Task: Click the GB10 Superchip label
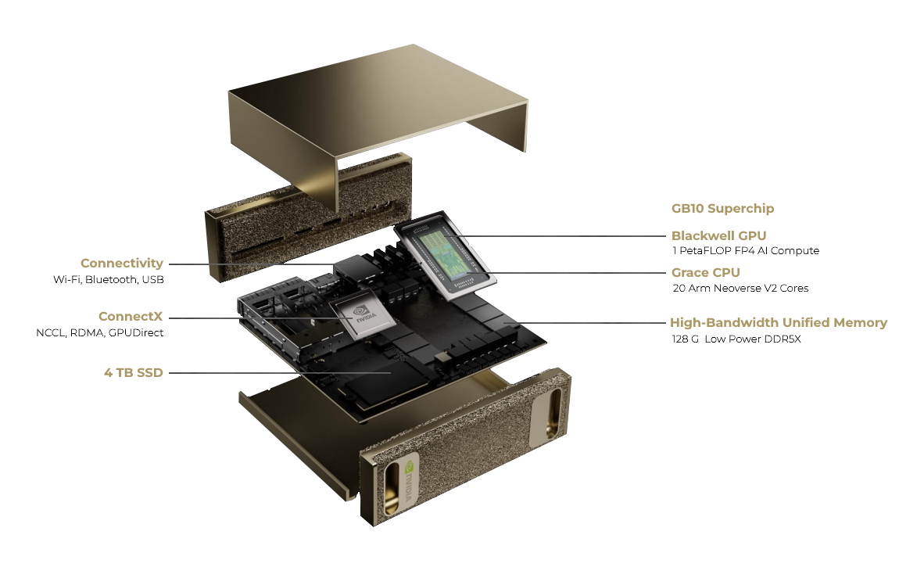click(722, 209)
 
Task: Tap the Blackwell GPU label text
click(718, 235)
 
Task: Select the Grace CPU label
click(705, 273)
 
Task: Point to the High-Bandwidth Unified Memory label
click(778, 322)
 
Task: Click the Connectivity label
click(122, 264)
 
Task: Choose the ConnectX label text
click(131, 317)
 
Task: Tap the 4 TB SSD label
click(133, 372)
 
